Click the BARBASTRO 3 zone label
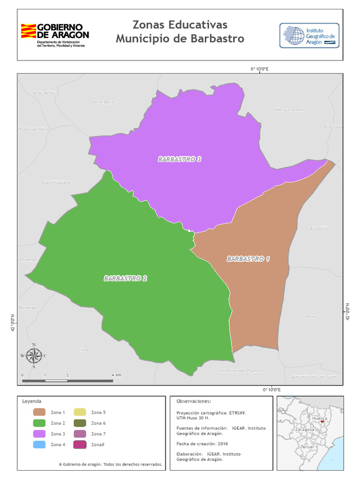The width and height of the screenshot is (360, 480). pyautogui.click(x=180, y=159)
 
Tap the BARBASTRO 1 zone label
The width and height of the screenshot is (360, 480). pyautogui.click(x=248, y=259)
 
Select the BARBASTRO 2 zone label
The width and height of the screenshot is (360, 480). pyautogui.click(x=126, y=278)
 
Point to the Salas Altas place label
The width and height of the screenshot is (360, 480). pyautogui.click(x=44, y=92)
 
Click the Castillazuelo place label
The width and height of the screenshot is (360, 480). pyautogui.click(x=56, y=181)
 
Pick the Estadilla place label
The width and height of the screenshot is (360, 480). pyautogui.click(x=319, y=228)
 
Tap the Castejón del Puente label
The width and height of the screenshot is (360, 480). pyautogui.click(x=240, y=370)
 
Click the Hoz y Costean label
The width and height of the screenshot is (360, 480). pyautogui.click(x=290, y=110)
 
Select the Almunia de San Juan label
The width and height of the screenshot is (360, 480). pyautogui.click(x=314, y=376)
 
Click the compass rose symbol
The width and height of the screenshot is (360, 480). pyautogui.click(x=34, y=356)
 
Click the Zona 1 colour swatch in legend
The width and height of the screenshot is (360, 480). pyautogui.click(x=39, y=412)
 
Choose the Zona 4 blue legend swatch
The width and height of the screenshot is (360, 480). pyautogui.click(x=39, y=444)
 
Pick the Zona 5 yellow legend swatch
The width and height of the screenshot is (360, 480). pyautogui.click(x=80, y=412)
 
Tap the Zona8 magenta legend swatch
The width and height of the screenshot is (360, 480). pyautogui.click(x=80, y=444)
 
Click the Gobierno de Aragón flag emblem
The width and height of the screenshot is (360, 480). pyautogui.click(x=28, y=31)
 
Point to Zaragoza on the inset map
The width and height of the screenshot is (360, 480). pyautogui.click(x=305, y=429)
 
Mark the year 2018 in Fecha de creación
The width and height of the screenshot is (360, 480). pyautogui.click(x=222, y=443)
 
